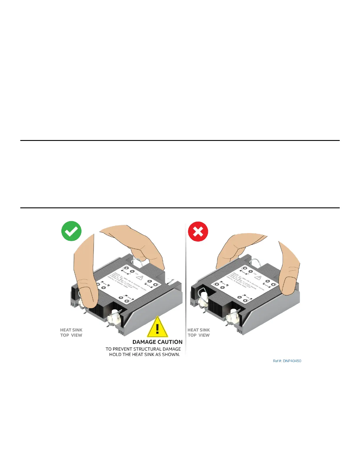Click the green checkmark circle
point(71,231)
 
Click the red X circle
point(198,232)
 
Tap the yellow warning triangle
point(157,327)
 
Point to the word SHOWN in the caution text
point(170,355)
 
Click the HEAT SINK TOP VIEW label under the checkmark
point(71,333)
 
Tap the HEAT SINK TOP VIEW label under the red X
point(199,333)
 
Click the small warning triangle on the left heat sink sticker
point(139,278)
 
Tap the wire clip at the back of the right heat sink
point(254,262)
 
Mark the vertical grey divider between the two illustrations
point(186,288)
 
